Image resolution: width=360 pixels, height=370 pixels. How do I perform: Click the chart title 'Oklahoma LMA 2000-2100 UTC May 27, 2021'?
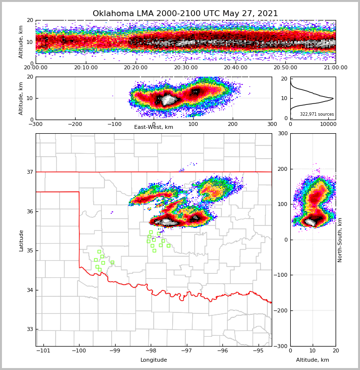click(x=185, y=14)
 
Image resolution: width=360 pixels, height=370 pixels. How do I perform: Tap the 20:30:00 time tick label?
click(x=186, y=68)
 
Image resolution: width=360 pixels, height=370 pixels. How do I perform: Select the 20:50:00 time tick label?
click(x=285, y=68)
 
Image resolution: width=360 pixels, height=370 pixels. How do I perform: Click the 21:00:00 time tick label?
click(x=335, y=68)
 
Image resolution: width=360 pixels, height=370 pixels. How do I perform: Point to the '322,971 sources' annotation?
click(x=317, y=114)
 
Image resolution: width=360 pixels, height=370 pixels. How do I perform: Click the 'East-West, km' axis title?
click(x=154, y=127)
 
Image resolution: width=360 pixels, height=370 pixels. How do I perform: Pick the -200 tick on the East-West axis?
click(x=75, y=124)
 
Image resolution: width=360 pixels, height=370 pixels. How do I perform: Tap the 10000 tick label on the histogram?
click(x=328, y=124)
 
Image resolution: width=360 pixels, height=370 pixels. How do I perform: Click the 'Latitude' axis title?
click(x=21, y=240)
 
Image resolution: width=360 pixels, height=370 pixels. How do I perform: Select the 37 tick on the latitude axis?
click(x=30, y=172)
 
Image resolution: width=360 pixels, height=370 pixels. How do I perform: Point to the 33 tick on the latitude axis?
click(x=30, y=329)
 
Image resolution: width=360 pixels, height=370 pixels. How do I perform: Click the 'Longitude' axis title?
click(x=154, y=360)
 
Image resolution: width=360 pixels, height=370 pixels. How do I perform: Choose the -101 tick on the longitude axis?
click(x=43, y=350)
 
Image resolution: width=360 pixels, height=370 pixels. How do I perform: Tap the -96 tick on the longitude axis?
click(x=222, y=350)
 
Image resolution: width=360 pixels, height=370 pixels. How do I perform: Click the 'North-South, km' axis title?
click(x=340, y=240)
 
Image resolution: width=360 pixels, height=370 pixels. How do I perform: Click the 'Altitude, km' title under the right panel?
click(x=313, y=360)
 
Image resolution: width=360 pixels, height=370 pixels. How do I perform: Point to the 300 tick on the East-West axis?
click(x=272, y=124)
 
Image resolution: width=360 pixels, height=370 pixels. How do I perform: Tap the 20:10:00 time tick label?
click(x=86, y=68)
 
